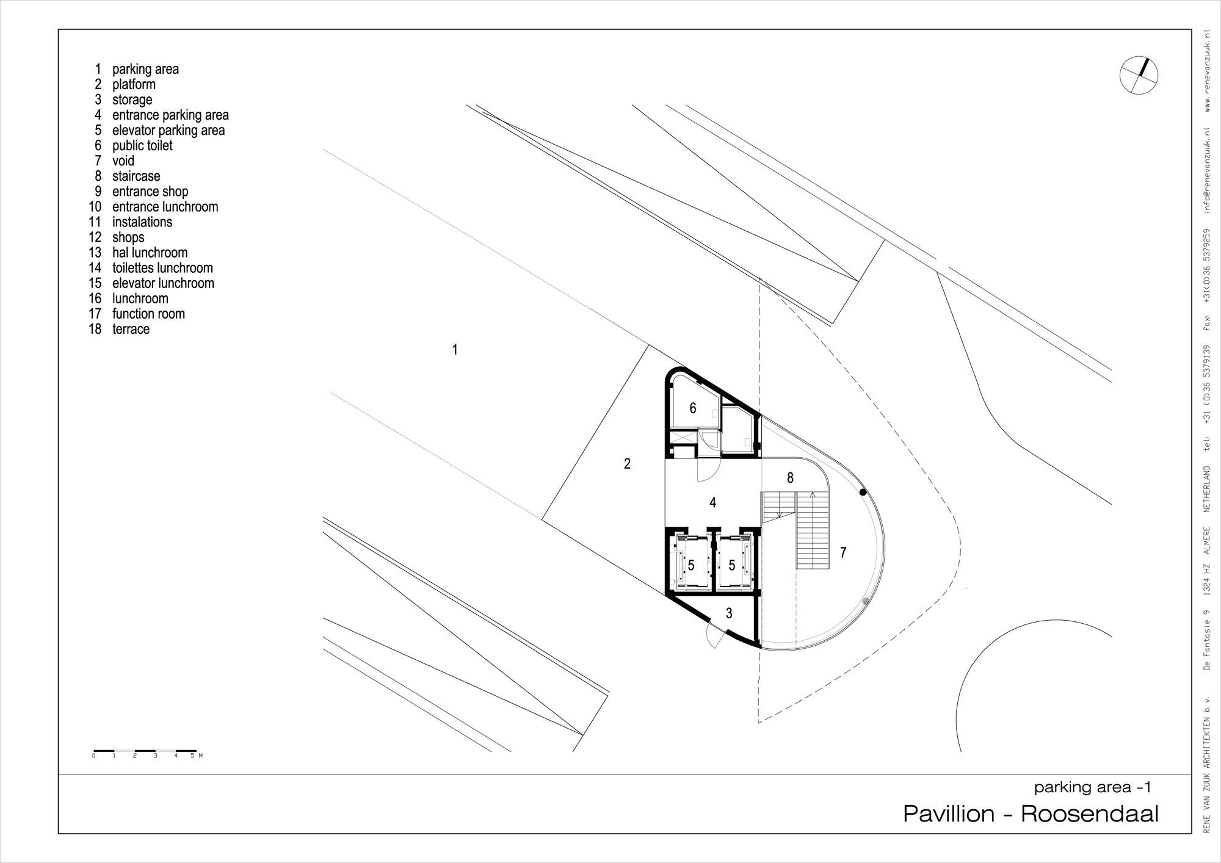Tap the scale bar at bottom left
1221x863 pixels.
(145, 751)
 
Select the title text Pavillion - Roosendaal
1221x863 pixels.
(1031, 814)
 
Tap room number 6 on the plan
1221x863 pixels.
(693, 408)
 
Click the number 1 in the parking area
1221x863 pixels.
(455, 350)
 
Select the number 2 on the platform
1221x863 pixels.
(627, 464)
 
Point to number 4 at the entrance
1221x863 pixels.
(712, 502)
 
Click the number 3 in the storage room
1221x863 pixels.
(729, 613)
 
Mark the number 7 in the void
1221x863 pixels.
(843, 552)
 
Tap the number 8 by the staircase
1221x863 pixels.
(790, 478)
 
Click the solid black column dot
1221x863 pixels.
(862, 492)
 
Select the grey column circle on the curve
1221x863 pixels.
(865, 601)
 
